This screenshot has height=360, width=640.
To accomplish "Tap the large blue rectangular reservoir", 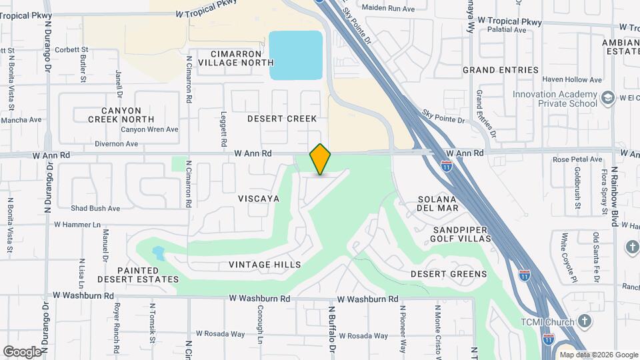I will point(295,55).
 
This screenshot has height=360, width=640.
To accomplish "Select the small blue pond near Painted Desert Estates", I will point(158,254).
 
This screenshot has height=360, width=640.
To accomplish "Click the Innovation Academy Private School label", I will point(555,99).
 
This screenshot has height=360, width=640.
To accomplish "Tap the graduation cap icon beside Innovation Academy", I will point(607,99).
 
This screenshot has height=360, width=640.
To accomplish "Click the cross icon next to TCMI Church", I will point(585,322).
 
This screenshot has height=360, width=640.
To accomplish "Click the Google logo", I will point(22,351).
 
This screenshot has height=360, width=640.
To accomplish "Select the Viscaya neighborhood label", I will point(259,199).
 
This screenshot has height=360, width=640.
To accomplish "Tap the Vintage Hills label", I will point(265,265).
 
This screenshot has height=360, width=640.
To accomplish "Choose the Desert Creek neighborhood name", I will point(282,119).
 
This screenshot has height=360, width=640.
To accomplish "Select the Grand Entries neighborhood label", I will point(501,70).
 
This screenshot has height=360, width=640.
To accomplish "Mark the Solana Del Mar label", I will point(438,203).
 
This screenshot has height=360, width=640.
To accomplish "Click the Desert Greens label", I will point(449,274).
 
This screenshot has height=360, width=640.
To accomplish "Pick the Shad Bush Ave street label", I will point(95,208).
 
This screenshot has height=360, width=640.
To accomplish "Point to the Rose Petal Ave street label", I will point(577,159).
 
